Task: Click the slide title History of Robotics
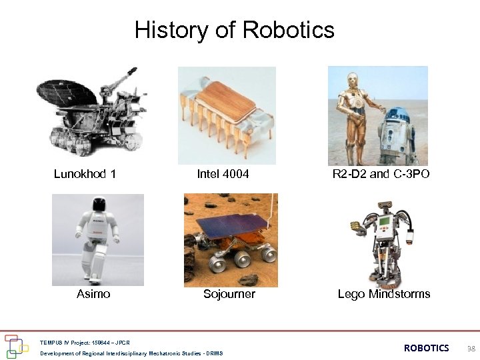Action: click(234, 30)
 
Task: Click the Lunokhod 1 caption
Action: click(85, 174)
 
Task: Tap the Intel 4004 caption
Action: click(223, 174)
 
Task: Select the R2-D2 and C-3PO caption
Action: click(381, 174)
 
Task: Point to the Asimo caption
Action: click(93, 294)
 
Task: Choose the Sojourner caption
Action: click(229, 294)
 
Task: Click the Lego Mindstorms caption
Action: click(384, 294)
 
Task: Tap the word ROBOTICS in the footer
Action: click(427, 348)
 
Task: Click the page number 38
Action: click(471, 348)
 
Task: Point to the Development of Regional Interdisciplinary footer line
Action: click(131, 353)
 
